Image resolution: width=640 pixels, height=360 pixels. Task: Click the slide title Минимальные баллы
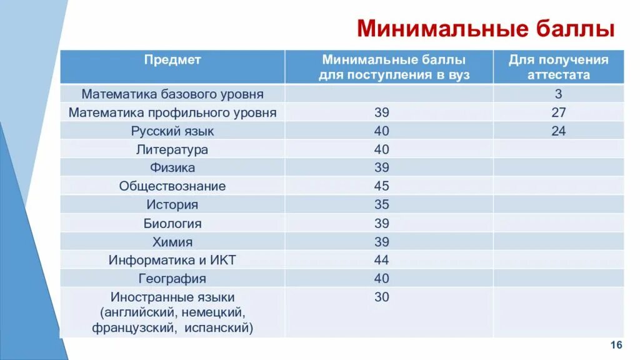[486, 29]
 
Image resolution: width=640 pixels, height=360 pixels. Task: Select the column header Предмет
[172, 60]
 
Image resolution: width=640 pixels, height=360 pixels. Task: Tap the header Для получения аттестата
[558, 67]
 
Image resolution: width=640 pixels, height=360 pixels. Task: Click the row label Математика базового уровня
[172, 94]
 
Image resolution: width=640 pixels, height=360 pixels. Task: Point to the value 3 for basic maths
[558, 94]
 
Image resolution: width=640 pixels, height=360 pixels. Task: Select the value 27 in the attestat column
[558, 113]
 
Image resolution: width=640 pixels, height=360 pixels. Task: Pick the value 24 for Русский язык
[558, 131]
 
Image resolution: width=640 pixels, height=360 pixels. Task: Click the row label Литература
[172, 149]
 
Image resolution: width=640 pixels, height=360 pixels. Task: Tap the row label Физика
[172, 167]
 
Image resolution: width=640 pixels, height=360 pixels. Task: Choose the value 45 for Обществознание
[381, 186]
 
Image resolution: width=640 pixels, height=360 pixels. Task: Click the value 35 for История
[381, 204]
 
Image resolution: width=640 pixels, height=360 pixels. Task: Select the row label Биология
[172, 223]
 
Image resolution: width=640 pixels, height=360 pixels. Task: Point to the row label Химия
[172, 242]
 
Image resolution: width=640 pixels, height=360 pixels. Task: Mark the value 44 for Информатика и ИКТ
[381, 260]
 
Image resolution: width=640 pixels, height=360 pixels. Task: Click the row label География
[172, 278]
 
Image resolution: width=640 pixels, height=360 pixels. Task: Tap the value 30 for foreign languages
[381, 297]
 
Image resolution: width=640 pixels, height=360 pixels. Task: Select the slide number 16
[616, 346]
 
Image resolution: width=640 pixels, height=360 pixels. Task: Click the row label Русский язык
[172, 131]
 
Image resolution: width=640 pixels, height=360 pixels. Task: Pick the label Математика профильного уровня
[172, 113]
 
